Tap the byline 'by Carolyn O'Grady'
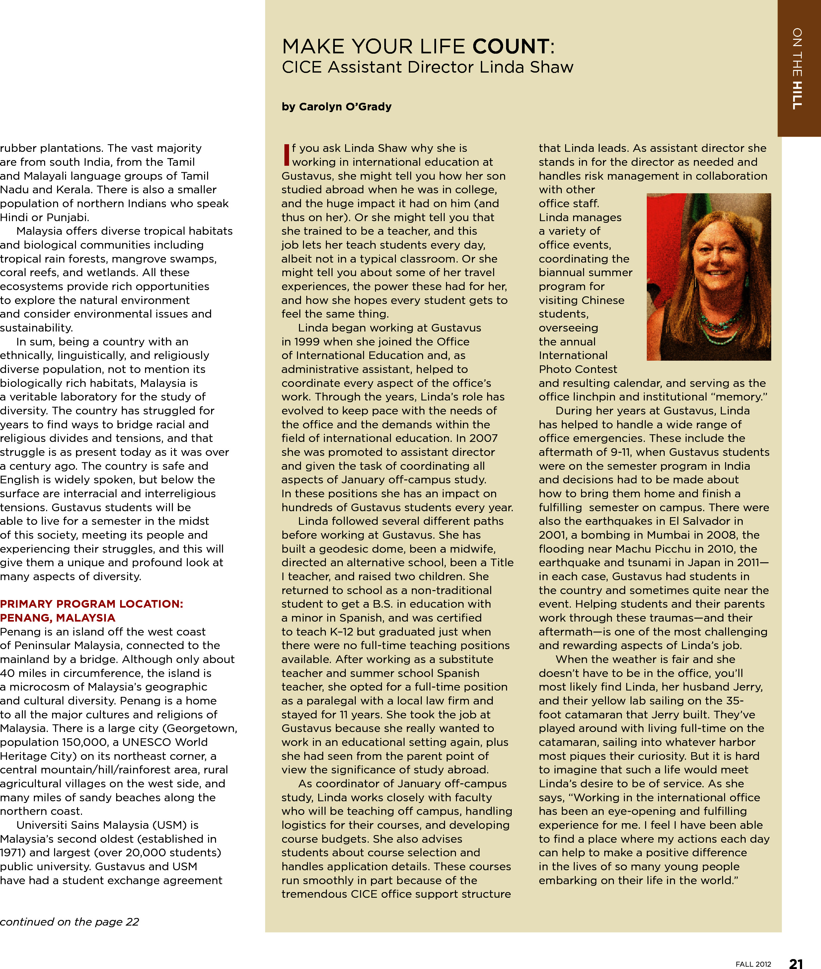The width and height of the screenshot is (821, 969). [x=336, y=107]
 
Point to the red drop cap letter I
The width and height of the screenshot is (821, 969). [x=286, y=154]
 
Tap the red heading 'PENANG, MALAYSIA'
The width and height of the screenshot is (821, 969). [x=58, y=618]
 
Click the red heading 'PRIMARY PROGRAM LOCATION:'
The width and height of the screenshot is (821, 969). [x=92, y=604]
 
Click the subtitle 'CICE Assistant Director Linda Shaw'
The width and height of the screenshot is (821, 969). [x=427, y=67]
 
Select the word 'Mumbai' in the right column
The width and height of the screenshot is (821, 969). [x=678, y=535]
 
